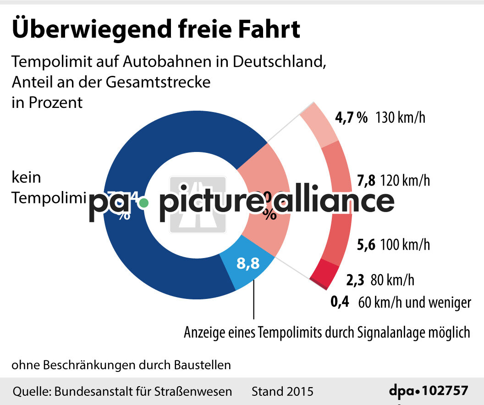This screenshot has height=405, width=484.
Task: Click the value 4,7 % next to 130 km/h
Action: click(x=351, y=118)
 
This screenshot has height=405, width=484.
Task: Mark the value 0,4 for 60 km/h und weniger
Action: click(x=340, y=302)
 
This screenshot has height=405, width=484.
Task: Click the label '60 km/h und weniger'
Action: click(x=414, y=303)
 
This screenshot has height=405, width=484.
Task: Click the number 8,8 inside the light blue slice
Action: click(x=248, y=264)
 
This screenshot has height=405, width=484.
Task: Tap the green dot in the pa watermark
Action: click(x=144, y=202)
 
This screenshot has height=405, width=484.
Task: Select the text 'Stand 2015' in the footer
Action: click(x=282, y=391)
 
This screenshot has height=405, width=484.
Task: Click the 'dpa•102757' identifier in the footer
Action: click(x=429, y=391)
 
